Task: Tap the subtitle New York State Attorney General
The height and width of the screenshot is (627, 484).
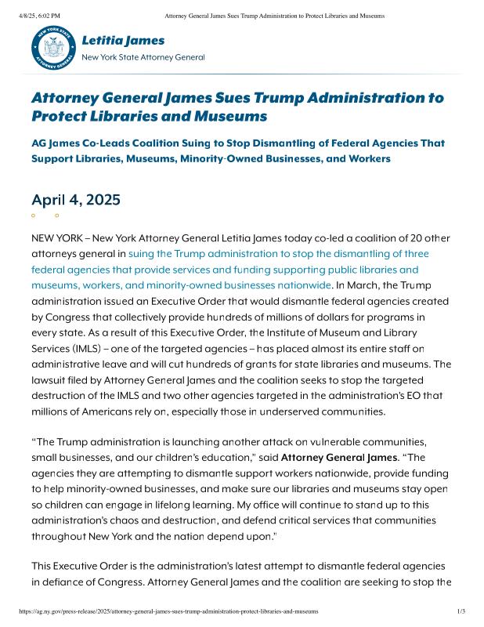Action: (143, 57)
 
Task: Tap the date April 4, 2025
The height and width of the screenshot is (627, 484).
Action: (76, 200)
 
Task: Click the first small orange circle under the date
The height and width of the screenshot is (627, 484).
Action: (33, 215)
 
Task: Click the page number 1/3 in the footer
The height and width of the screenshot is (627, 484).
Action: (461, 610)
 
